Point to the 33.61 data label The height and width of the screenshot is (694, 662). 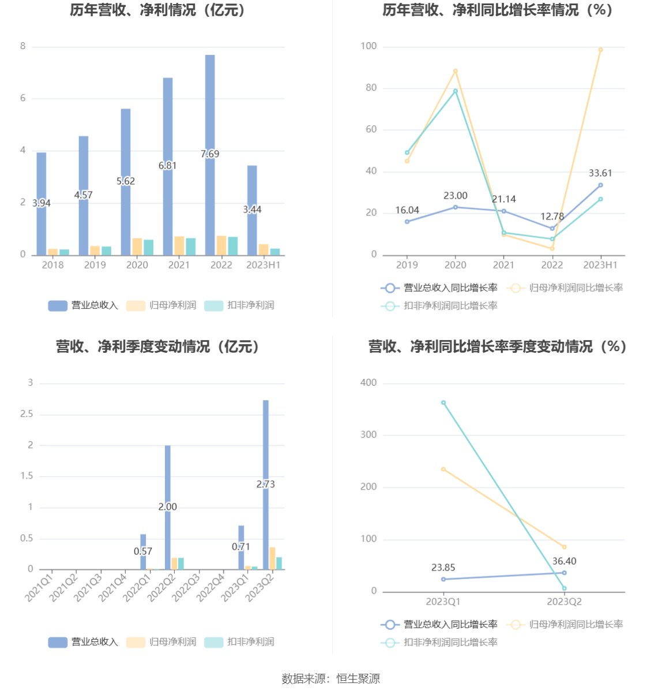(600, 173)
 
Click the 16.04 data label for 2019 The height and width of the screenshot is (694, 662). (407, 210)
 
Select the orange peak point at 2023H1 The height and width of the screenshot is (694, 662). (600, 50)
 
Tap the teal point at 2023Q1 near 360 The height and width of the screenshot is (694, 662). (443, 402)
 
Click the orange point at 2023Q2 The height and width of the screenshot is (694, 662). (564, 547)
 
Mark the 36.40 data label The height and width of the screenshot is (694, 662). (564, 561)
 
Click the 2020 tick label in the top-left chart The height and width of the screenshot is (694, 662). (137, 265)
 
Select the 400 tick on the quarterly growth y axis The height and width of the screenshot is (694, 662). (368, 383)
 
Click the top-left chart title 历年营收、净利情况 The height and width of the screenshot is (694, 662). (158, 10)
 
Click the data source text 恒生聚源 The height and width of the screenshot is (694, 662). (358, 679)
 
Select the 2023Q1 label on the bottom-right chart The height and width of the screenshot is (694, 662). (443, 602)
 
